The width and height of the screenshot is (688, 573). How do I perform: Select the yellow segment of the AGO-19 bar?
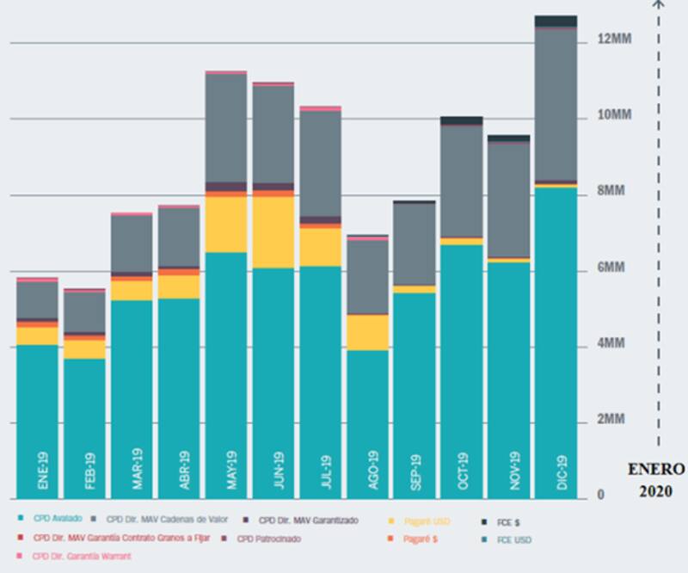368,332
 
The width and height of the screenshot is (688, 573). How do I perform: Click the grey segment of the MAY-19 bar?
226,128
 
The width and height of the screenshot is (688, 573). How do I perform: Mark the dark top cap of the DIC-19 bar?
556,21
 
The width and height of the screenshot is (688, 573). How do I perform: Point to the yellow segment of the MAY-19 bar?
226,225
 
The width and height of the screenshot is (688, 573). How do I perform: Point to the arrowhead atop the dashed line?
659,3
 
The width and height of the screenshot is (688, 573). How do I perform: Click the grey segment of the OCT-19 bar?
463,181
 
